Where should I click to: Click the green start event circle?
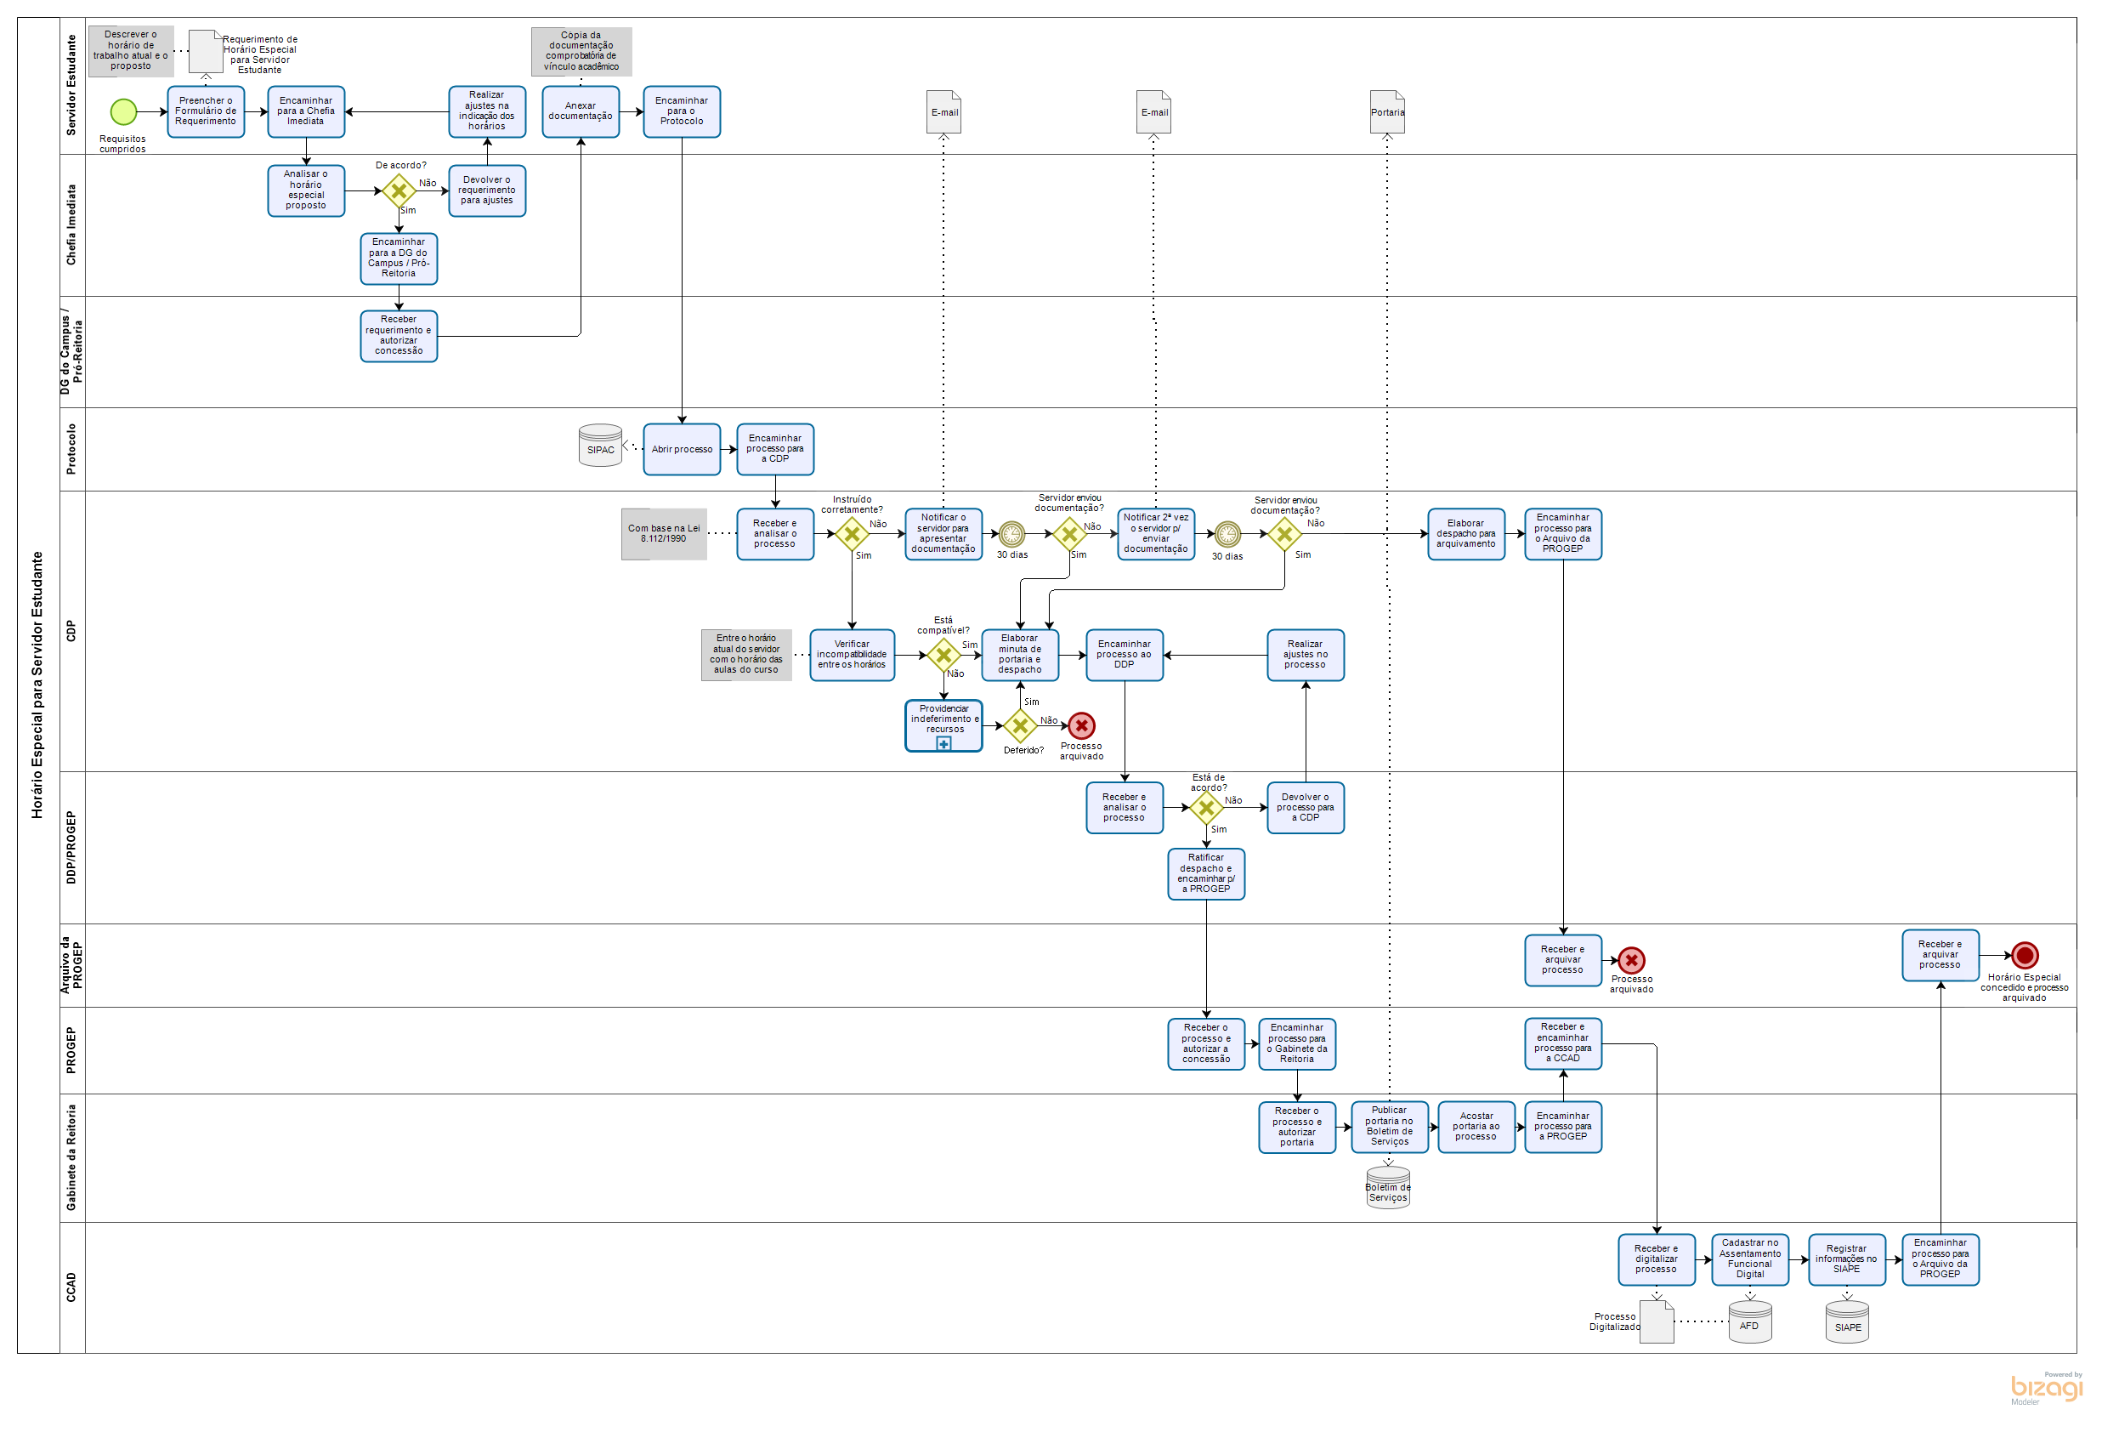pyautogui.click(x=123, y=112)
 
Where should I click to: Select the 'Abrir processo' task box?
pyautogui.click(x=681, y=449)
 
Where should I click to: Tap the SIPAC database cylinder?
pyautogui.click(x=600, y=445)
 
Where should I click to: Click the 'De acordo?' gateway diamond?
pyautogui.click(x=398, y=190)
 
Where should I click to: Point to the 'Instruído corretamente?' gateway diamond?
pyautogui.click(x=851, y=534)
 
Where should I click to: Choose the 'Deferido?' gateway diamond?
pyautogui.click(x=1019, y=725)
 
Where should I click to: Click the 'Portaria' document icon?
pyautogui.click(x=1386, y=112)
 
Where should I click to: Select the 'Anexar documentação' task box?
pyautogui.click(x=580, y=111)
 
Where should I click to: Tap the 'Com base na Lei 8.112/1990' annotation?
pyautogui.click(x=663, y=534)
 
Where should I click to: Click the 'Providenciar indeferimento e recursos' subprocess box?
pyautogui.click(x=943, y=725)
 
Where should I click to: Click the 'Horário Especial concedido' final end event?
pyautogui.click(x=2024, y=954)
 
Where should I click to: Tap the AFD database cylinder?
pyautogui.click(x=1749, y=1321)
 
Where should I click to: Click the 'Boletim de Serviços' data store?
pyautogui.click(x=1387, y=1188)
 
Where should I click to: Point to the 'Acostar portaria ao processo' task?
pyautogui.click(x=1476, y=1126)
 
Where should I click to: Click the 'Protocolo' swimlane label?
pyautogui.click(x=71, y=449)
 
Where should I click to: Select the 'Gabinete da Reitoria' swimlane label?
pyautogui.click(x=71, y=1157)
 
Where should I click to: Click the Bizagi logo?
pyautogui.click(x=2046, y=1387)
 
